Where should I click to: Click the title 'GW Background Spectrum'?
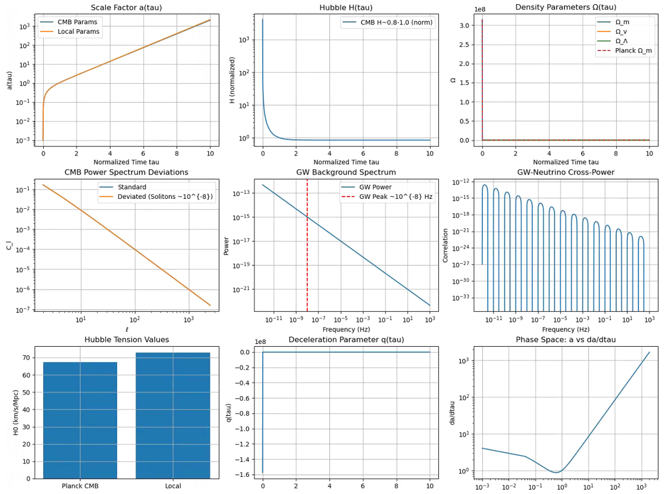346,172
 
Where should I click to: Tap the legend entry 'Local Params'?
78,31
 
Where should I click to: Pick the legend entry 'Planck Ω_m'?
633,51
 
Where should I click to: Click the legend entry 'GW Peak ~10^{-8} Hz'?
396,196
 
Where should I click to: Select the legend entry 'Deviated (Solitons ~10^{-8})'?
165,196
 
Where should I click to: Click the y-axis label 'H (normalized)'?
232,80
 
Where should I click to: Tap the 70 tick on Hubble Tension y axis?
26,358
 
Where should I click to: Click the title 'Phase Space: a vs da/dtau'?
566,340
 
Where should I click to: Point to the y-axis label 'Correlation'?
445,245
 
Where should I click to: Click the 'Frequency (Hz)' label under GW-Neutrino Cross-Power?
566,329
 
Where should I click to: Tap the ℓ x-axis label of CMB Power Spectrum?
127,330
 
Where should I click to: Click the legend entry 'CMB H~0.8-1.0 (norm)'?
396,22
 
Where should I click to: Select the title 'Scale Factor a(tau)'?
126,8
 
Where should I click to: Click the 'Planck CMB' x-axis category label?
80,486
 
